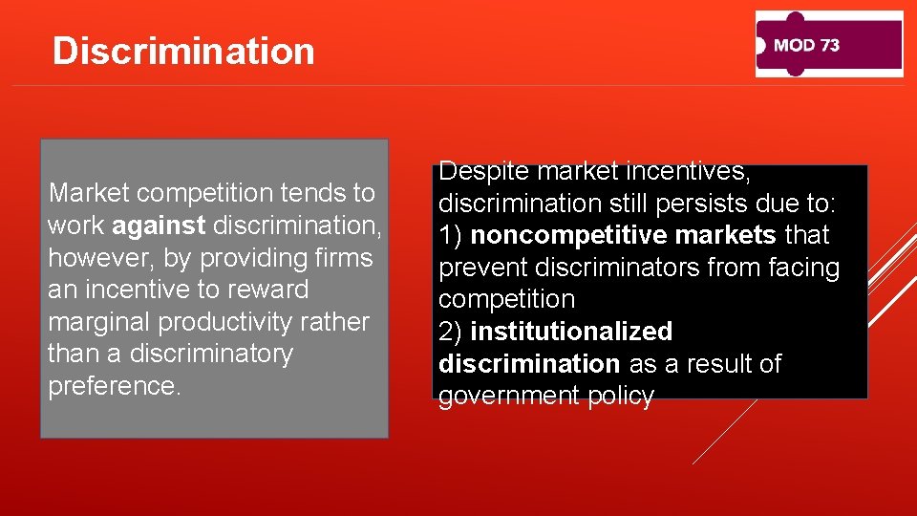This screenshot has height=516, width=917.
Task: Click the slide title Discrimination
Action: tap(183, 51)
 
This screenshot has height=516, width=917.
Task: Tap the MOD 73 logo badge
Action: tap(829, 44)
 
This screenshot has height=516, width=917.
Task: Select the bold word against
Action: tap(159, 226)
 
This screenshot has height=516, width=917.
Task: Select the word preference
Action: tap(112, 387)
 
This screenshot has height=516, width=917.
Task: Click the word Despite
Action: tap(483, 172)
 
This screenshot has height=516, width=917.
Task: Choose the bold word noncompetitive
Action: tap(572, 235)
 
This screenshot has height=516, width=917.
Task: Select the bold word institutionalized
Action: tap(571, 332)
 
